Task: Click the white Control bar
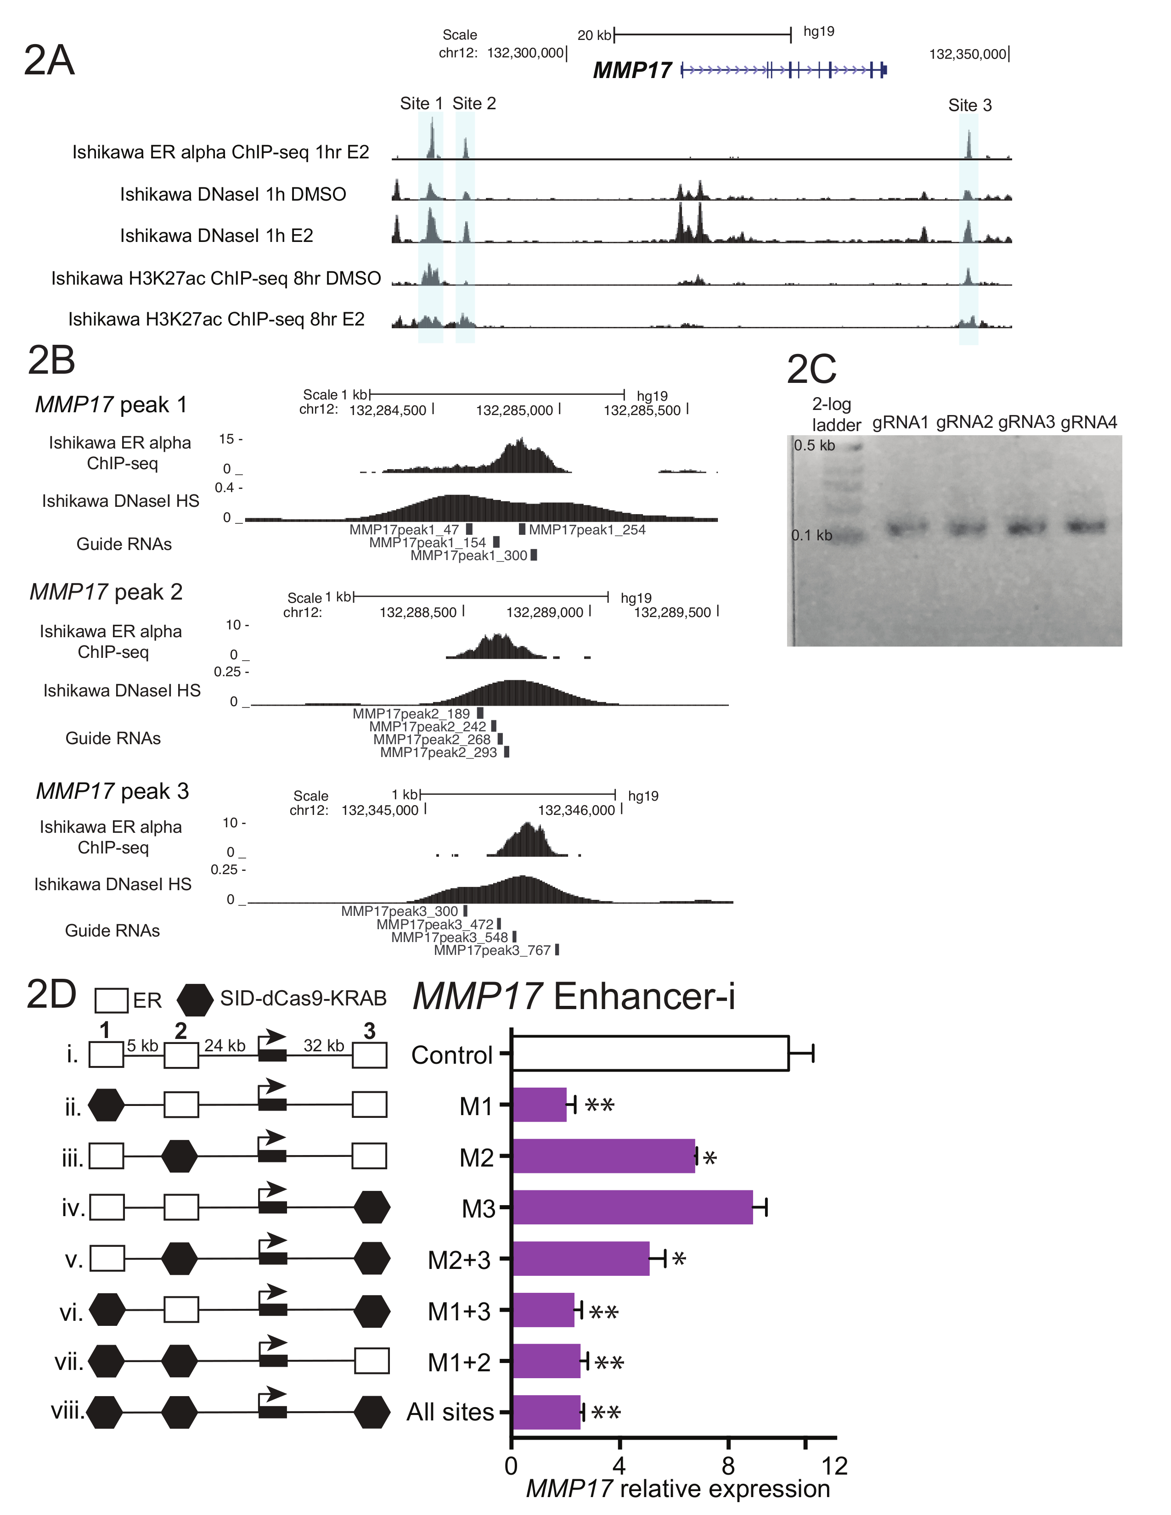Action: pos(650,1054)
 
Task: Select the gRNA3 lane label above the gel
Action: pos(1026,422)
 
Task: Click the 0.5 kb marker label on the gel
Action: pos(815,445)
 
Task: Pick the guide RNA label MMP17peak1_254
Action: pos(587,530)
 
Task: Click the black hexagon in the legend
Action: pos(195,999)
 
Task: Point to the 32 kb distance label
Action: pos(323,1045)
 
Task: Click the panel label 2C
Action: pos(811,369)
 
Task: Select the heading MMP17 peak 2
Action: pos(106,592)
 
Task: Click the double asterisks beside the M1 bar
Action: pos(599,1104)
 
